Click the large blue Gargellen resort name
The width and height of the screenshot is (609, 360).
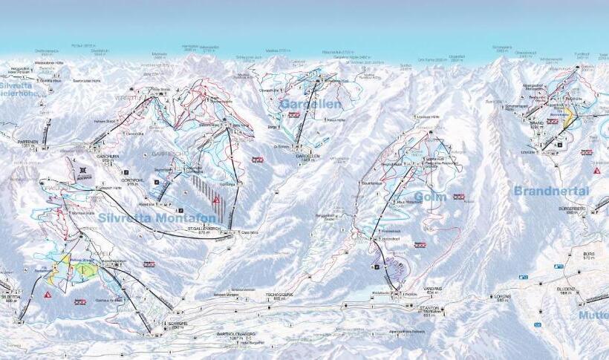click(310, 105)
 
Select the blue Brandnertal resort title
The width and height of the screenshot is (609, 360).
click(551, 191)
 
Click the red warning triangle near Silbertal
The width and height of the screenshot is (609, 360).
click(48, 295)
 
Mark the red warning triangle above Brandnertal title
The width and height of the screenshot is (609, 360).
click(596, 171)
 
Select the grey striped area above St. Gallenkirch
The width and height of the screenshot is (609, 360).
click(199, 186)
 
